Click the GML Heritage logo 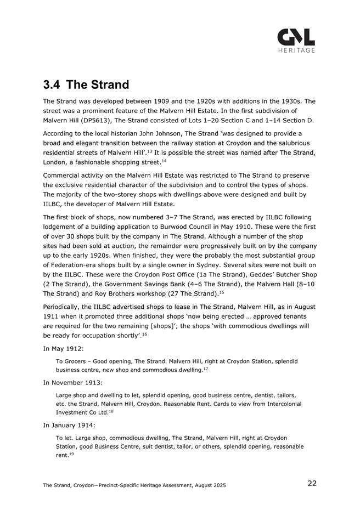296,39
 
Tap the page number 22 312,483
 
